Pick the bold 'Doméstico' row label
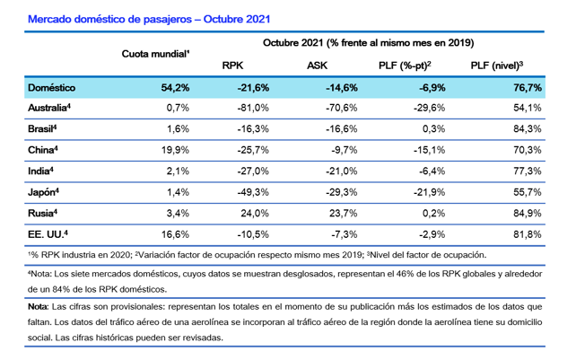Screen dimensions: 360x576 click(52, 87)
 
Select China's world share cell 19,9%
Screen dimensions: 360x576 click(173, 150)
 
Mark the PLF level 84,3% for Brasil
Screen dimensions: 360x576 click(525, 128)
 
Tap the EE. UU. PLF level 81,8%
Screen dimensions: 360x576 click(525, 233)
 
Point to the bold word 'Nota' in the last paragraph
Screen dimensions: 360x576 click(38, 306)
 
